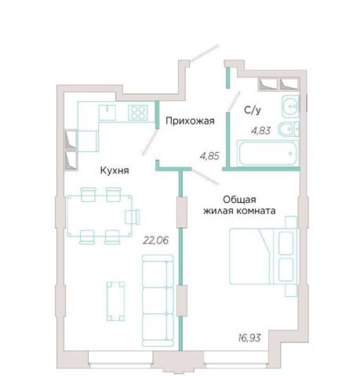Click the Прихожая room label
[190, 121]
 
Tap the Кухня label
[115, 171]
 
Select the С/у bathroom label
[253, 110]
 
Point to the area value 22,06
[155, 240]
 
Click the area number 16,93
[249, 338]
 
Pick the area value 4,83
[260, 130]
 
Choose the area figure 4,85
[209, 156]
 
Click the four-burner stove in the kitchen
[138, 112]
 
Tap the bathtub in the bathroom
[267, 154]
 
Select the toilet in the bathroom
[289, 129]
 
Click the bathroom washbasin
[290, 107]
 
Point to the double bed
[264, 256]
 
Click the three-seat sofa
[158, 300]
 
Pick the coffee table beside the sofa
[115, 301]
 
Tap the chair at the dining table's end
[132, 216]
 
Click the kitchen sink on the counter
[107, 112]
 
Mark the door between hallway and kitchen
[150, 143]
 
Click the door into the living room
[205, 177]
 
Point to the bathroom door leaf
[234, 101]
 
